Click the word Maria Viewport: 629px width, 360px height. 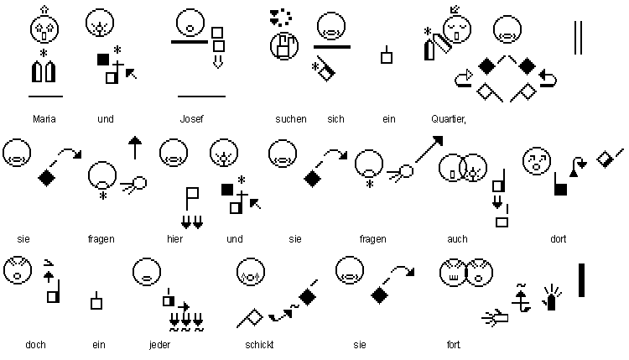[44, 119]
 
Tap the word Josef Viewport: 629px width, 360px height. [192, 119]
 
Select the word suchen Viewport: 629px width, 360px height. [290, 119]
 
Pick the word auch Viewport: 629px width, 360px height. [457, 239]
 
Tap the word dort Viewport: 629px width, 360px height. [558, 239]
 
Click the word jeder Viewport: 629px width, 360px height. [159, 344]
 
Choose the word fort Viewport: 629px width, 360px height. [454, 344]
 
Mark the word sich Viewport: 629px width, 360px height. [335, 119]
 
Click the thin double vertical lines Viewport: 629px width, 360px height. [578, 38]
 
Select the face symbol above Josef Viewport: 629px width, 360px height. [191, 22]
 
